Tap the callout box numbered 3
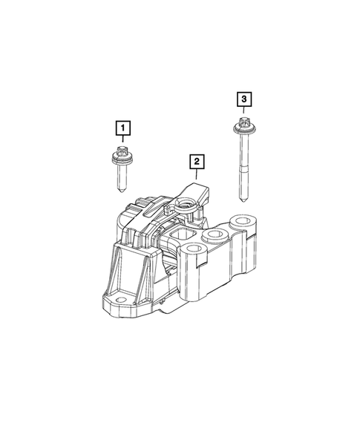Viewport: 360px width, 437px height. [243, 98]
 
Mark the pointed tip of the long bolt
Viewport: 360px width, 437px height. [243, 199]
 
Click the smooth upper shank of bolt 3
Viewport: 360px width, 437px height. [243, 152]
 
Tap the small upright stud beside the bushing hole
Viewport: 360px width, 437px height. [198, 214]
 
